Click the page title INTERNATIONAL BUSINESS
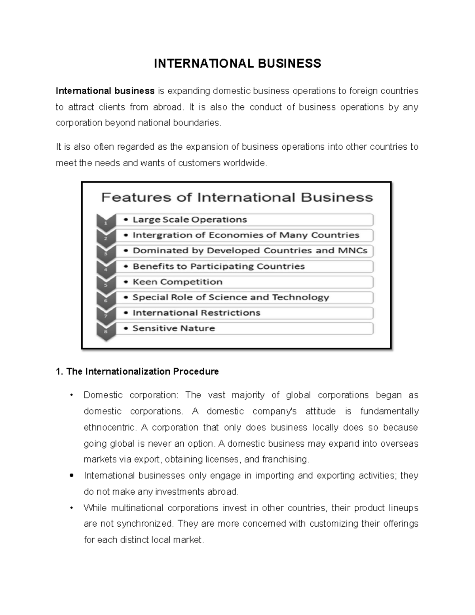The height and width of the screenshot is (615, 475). tap(237, 63)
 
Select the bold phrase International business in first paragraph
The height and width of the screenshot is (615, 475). tap(105, 91)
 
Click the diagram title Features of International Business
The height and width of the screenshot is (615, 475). tap(237, 198)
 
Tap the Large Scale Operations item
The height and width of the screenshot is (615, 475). tap(190, 220)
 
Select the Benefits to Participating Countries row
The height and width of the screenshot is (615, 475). tap(218, 267)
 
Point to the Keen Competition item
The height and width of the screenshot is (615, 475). tap(177, 282)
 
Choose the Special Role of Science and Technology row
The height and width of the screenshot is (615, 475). tap(231, 297)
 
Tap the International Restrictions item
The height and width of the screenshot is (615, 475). tap(196, 313)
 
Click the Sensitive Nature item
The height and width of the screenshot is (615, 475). tap(173, 328)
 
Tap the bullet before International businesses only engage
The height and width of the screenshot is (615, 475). tap(71, 476)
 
